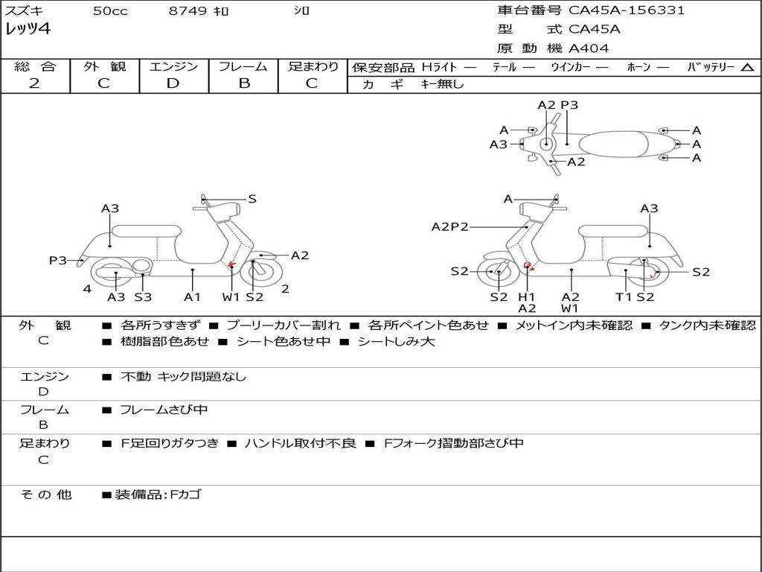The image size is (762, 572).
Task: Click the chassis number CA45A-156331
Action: (x=627, y=10)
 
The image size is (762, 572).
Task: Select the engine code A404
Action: (x=589, y=48)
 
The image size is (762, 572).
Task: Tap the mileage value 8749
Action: (x=188, y=11)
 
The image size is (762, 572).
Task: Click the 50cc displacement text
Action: (x=110, y=11)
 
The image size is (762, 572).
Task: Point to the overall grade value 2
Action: (x=34, y=83)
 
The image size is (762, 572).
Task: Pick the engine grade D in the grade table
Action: (x=173, y=83)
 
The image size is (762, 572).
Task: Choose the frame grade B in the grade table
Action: (x=243, y=83)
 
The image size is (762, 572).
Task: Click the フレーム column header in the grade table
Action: (x=243, y=67)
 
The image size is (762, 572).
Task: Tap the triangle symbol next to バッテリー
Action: (x=748, y=68)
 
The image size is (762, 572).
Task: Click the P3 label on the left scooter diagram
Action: (x=58, y=260)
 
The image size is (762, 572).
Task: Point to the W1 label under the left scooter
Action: (x=231, y=297)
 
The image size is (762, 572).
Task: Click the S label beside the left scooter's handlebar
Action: (x=252, y=199)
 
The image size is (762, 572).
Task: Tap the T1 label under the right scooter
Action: (x=624, y=297)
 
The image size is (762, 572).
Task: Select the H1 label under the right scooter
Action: (x=527, y=297)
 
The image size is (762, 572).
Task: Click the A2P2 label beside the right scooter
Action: (x=450, y=227)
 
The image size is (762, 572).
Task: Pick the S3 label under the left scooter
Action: (x=143, y=297)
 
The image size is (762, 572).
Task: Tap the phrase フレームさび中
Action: (x=164, y=410)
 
